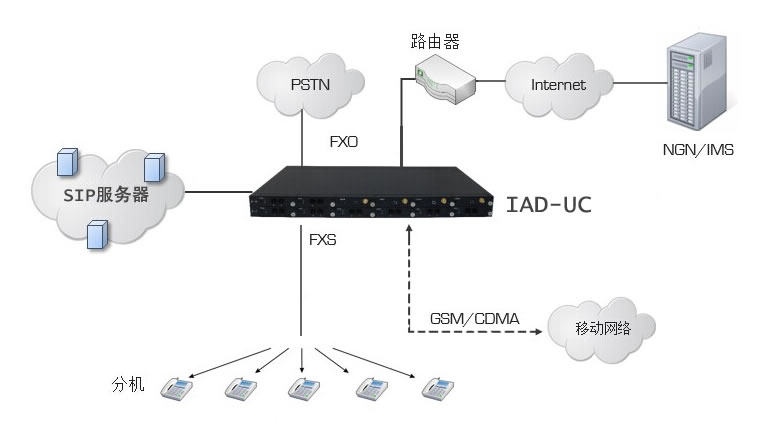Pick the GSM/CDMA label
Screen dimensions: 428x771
[475, 318]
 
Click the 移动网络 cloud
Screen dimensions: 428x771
[602, 327]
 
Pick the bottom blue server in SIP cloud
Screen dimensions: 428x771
[97, 232]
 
